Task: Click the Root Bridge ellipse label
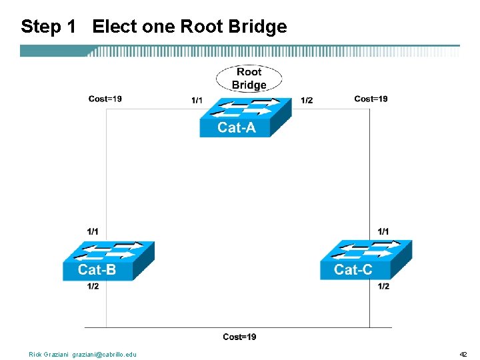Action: pyautogui.click(x=249, y=79)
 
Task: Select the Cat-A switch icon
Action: pyautogui.click(x=245, y=117)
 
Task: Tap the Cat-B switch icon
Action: pyautogui.click(x=108, y=260)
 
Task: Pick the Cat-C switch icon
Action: pyautogui.click(x=365, y=259)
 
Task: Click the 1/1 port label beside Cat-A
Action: pyautogui.click(x=197, y=101)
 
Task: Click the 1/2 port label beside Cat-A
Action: pyautogui.click(x=307, y=101)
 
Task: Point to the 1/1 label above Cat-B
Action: pyautogui.click(x=93, y=231)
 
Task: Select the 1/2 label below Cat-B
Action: pyautogui.click(x=93, y=287)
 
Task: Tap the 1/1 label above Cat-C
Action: pyautogui.click(x=383, y=231)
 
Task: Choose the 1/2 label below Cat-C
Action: pyautogui.click(x=383, y=287)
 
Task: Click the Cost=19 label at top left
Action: pyautogui.click(x=105, y=99)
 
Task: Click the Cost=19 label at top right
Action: pyautogui.click(x=371, y=99)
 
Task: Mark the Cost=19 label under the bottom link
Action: pyautogui.click(x=239, y=337)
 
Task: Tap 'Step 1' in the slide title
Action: pyautogui.click(x=49, y=27)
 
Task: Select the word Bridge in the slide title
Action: pyautogui.click(x=257, y=27)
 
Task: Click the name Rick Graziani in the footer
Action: pyautogui.click(x=49, y=355)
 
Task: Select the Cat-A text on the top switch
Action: pyautogui.click(x=236, y=128)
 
